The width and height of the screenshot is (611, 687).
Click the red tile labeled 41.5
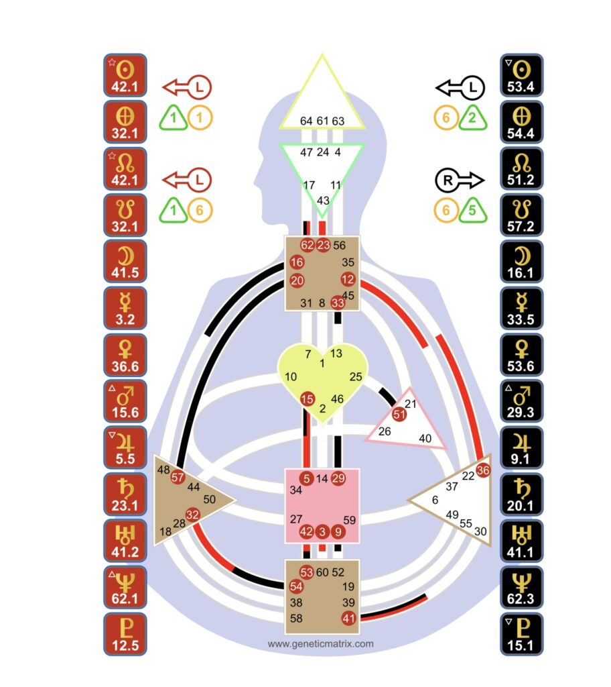point(125,261)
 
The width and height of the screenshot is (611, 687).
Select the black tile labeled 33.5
point(521,307)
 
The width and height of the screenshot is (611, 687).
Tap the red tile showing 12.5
point(125,633)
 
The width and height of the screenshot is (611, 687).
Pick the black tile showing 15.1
point(521,633)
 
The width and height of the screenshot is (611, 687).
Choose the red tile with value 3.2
point(125,307)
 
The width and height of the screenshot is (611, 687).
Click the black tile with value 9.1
point(521,447)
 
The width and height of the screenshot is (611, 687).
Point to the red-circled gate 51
point(399,414)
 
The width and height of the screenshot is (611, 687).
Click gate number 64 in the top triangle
point(306,121)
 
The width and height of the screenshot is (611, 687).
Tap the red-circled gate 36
point(482,470)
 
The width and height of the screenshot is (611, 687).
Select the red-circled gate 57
point(178,478)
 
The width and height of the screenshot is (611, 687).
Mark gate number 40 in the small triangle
point(425,438)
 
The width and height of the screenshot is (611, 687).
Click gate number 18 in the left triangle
point(165,532)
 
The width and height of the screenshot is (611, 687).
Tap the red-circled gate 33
point(338,303)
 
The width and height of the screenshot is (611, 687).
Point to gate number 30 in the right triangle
point(480,531)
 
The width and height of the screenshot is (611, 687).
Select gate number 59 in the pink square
point(349,519)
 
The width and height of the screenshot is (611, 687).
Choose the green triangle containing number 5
point(473,212)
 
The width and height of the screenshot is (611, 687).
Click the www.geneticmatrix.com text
point(321,644)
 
